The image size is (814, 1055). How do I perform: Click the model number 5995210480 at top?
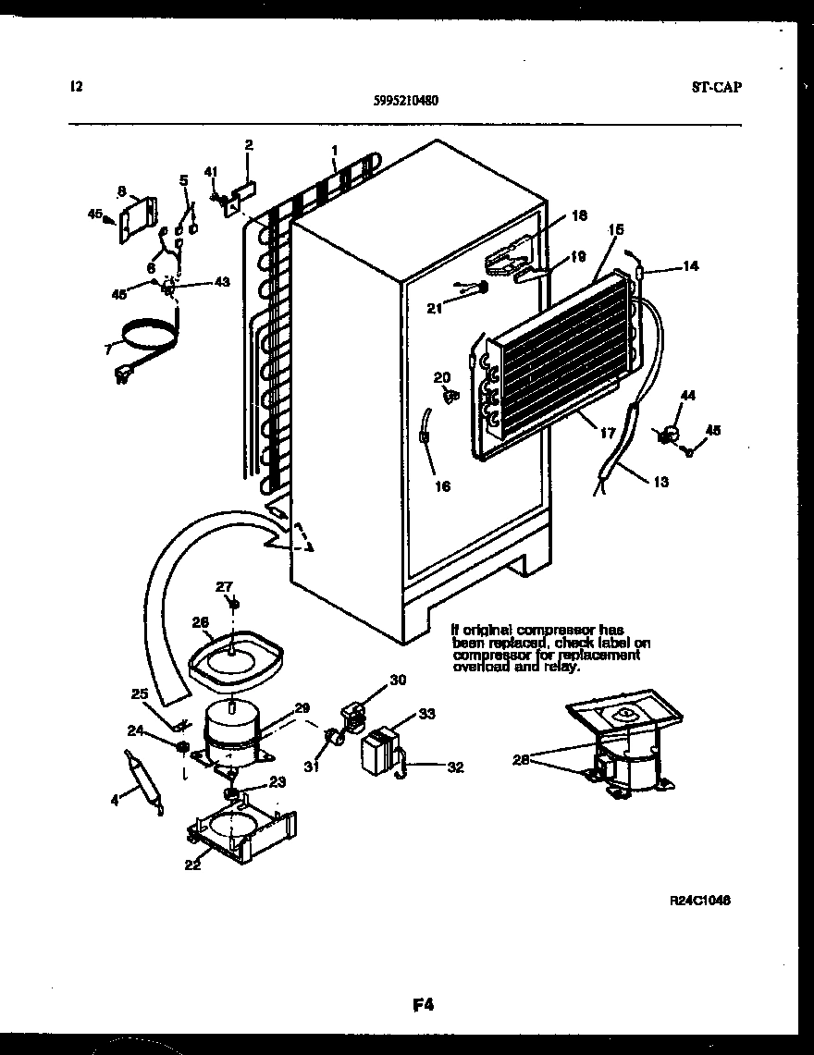(x=407, y=103)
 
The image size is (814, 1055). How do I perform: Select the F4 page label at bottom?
(x=425, y=1002)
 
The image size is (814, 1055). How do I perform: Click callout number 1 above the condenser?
(x=335, y=150)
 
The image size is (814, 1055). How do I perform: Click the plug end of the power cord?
(x=121, y=374)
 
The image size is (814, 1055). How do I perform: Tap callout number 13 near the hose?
(x=660, y=482)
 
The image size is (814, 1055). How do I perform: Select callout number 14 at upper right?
(x=690, y=266)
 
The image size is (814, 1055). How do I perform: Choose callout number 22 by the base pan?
(x=192, y=865)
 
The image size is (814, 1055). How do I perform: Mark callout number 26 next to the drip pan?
(x=201, y=621)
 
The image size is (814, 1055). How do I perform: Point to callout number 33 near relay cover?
(x=426, y=714)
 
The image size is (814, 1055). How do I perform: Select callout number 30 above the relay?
(x=397, y=681)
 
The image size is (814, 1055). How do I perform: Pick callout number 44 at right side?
(x=685, y=395)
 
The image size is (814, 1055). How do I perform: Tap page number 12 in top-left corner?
(x=76, y=87)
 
